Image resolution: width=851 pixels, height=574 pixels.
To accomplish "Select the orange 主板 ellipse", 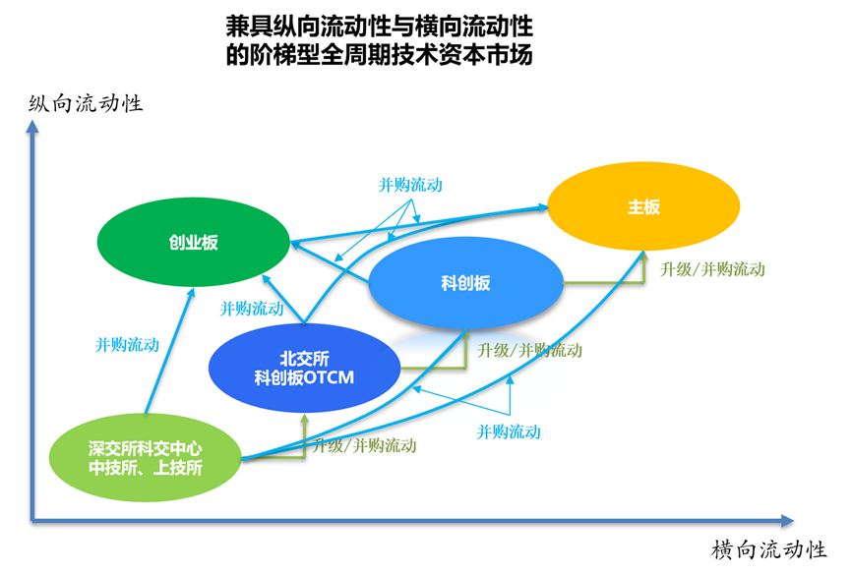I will click(642, 208).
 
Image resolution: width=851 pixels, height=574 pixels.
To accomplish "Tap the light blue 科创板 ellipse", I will click(465, 284).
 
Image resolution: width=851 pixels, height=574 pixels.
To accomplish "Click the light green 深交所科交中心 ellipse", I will click(146, 458).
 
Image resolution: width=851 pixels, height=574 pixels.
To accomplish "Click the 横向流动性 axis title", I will click(768, 549).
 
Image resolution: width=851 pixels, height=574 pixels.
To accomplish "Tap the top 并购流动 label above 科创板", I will click(410, 185).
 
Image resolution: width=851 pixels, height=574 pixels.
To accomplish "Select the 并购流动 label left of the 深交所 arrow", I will click(127, 345).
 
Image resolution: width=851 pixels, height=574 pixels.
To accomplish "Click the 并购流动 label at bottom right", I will click(509, 430).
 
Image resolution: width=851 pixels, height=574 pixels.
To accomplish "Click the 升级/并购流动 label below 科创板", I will click(530, 350).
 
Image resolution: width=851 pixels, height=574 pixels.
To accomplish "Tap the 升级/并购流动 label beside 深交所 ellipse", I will click(364, 445).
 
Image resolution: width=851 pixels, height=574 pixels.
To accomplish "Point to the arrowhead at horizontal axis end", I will click(786, 519).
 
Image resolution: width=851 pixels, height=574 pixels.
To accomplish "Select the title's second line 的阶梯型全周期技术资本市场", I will click(379, 55).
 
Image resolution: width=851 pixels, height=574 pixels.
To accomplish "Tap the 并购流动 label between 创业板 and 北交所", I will click(252, 309).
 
